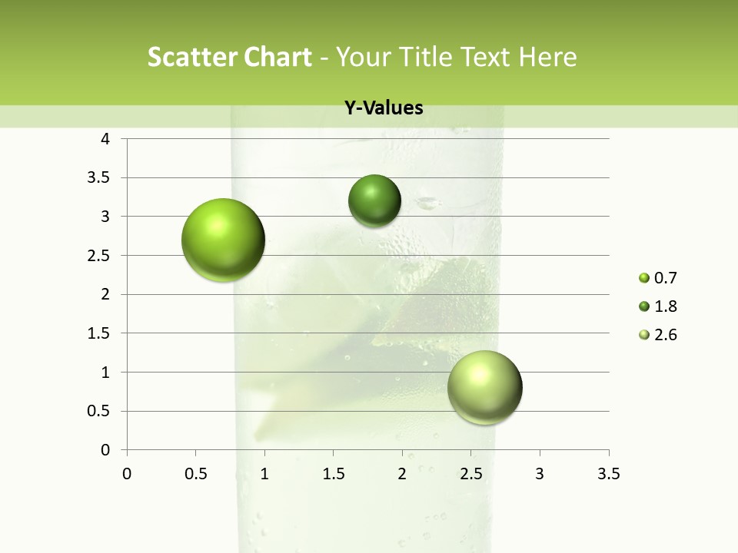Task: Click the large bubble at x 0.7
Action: pyautogui.click(x=223, y=240)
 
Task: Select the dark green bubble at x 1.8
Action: pyautogui.click(x=374, y=200)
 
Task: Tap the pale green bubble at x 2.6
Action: pyautogui.click(x=484, y=387)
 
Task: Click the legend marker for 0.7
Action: pyautogui.click(x=644, y=278)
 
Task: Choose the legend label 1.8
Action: pyautogui.click(x=665, y=306)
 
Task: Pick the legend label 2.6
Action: pyautogui.click(x=665, y=335)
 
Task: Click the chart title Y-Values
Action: pyautogui.click(x=384, y=108)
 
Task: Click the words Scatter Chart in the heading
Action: pyautogui.click(x=229, y=57)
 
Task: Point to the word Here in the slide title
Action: pyautogui.click(x=547, y=57)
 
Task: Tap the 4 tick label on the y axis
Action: pyautogui.click(x=105, y=139)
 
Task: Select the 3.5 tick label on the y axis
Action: pyautogui.click(x=100, y=178)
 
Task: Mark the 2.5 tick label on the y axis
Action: pyautogui.click(x=100, y=256)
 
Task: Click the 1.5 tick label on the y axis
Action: pyautogui.click(x=100, y=333)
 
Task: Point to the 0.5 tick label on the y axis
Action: pyautogui.click(x=100, y=411)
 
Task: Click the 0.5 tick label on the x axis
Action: pyautogui.click(x=195, y=474)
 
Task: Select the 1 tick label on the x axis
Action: pyautogui.click(x=264, y=474)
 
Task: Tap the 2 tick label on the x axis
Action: pyautogui.click(x=402, y=474)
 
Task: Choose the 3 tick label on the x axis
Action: pyautogui.click(x=540, y=474)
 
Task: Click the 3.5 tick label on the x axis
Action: pyautogui.click(x=608, y=474)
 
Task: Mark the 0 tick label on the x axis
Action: pyautogui.click(x=127, y=474)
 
